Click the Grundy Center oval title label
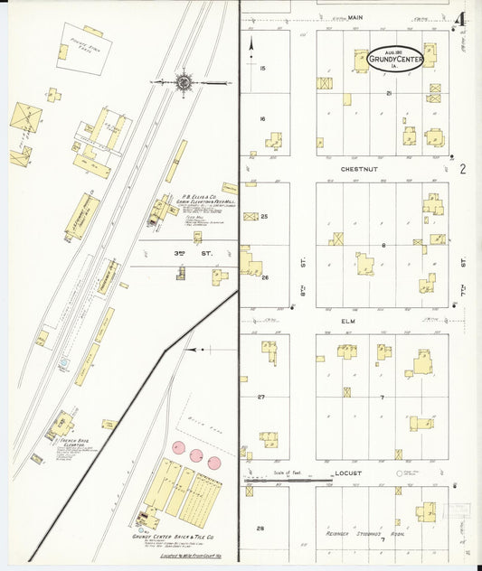coord(396,60)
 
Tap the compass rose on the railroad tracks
coord(184,81)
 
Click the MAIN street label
coord(354,16)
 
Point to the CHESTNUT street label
coord(359,168)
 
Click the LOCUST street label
coord(348,473)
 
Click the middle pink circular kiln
coord(196,455)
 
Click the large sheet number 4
coord(461,19)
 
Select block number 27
coord(261,397)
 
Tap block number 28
coord(261,528)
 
